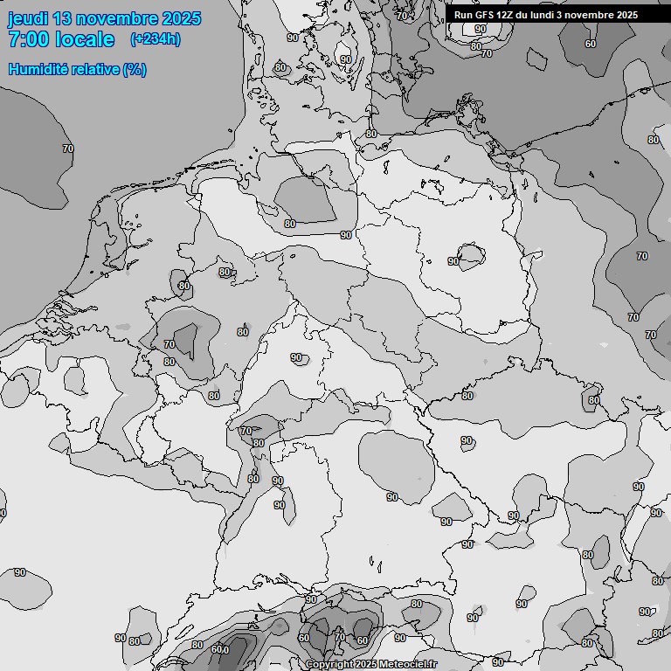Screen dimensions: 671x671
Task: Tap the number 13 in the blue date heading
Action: (x=62, y=18)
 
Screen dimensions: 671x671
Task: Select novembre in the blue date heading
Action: (x=115, y=18)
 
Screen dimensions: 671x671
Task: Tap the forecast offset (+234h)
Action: (x=155, y=39)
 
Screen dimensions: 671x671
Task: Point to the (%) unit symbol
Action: (x=135, y=69)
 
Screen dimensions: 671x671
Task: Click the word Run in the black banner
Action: (x=463, y=15)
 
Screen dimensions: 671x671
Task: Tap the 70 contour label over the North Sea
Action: (x=68, y=149)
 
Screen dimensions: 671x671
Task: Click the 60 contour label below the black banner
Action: (x=591, y=44)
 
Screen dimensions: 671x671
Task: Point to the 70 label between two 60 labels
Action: (x=339, y=639)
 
